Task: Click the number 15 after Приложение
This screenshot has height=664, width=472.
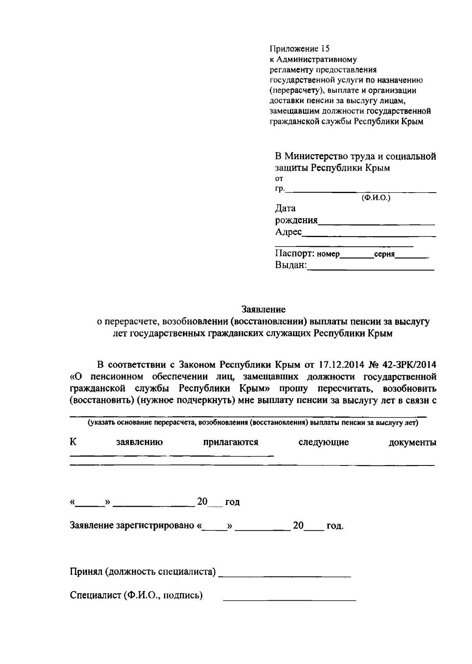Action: [324, 49]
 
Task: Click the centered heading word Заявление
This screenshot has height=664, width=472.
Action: [263, 309]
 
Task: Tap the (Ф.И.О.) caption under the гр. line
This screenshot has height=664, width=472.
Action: [376, 199]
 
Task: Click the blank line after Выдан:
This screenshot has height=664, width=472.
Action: [371, 269]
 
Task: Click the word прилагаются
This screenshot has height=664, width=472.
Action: [230, 442]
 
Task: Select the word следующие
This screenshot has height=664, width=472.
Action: [324, 442]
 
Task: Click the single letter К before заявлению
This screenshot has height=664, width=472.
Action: [73, 442]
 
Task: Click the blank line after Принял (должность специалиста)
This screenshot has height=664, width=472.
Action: [284, 575]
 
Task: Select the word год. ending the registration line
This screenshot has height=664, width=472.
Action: [335, 526]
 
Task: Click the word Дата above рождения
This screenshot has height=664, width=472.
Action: [285, 208]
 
